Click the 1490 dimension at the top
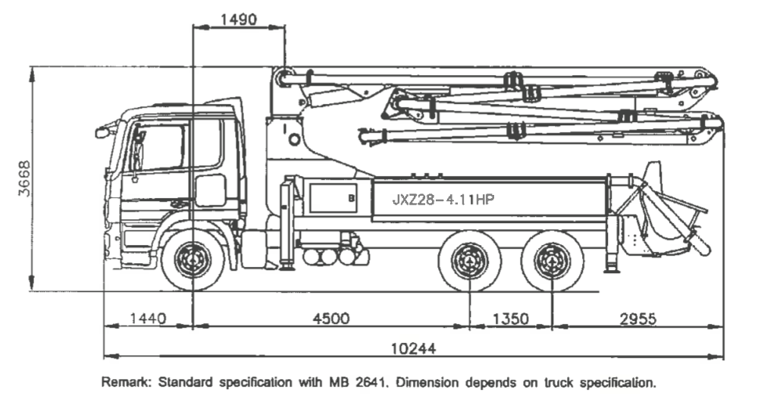[238, 20]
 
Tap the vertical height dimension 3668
[24, 178]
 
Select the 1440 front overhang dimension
[148, 319]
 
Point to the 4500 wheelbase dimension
[331, 319]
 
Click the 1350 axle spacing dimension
[510, 319]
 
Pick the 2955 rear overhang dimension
[638, 319]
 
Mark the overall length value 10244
[414, 349]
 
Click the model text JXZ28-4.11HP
[443, 199]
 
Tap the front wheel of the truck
[193, 259]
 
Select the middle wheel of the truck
[470, 260]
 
